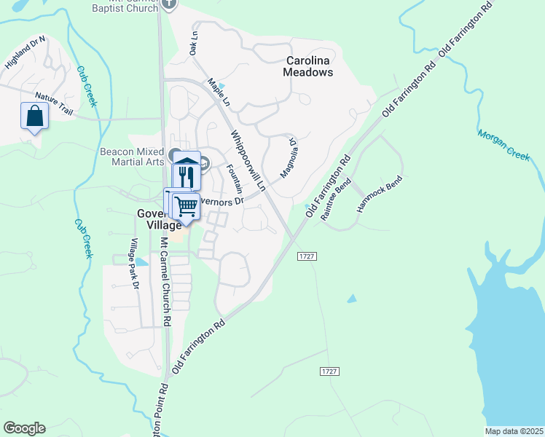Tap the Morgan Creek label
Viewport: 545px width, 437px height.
tap(504, 144)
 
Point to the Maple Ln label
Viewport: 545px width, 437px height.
tap(219, 92)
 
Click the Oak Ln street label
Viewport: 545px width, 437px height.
tap(194, 44)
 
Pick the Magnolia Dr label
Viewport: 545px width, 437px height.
tap(289, 159)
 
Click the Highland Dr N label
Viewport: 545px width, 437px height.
tap(25, 52)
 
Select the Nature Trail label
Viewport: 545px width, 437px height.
tap(55, 106)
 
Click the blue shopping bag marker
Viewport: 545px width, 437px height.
tap(34, 116)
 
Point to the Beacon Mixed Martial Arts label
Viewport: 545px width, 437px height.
tap(132, 157)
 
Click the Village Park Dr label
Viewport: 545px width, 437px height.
tap(134, 263)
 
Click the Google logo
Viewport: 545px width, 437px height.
tap(24, 428)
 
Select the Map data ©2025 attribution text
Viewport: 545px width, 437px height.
tap(514, 431)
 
